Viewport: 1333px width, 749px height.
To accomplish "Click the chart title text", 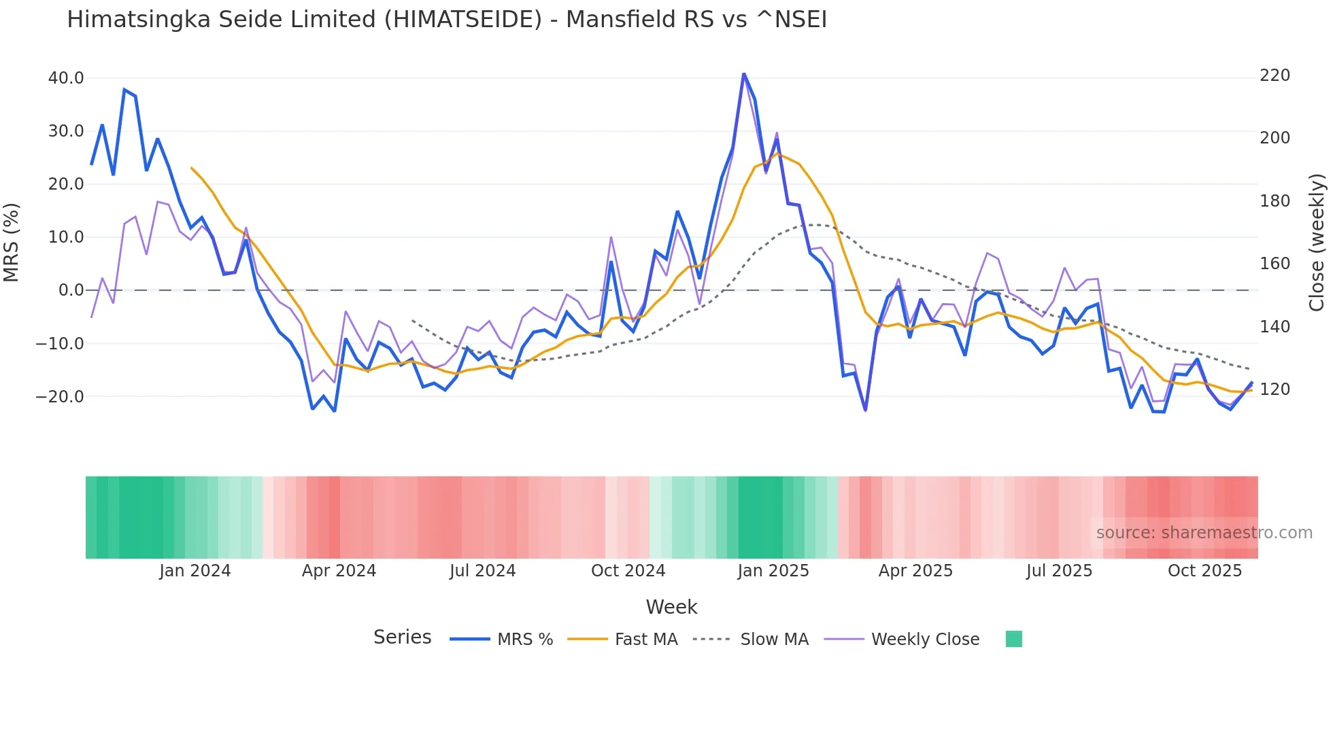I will [447, 20].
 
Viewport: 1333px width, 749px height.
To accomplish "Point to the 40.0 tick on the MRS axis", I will [66, 78].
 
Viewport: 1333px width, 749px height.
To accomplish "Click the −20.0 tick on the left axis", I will [60, 396].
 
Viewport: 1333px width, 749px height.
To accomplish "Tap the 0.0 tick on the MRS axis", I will [71, 290].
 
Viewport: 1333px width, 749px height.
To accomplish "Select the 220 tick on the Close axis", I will [1275, 75].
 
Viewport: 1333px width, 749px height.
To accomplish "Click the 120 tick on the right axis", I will [1275, 389].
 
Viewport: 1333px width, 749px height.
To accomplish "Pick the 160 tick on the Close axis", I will [1275, 264].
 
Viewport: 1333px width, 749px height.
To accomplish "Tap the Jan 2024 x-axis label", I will [195, 571].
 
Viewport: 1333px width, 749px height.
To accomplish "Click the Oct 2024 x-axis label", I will [628, 571].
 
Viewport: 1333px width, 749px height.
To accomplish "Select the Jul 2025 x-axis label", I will [1059, 571].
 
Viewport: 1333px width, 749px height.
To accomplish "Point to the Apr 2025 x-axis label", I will [915, 571].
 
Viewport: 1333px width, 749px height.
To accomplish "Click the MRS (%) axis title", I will [12, 242].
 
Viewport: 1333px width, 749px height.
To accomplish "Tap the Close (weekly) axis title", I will [1317, 243].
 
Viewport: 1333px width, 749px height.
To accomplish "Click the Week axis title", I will [671, 607].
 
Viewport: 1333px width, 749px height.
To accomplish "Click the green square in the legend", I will [1013, 639].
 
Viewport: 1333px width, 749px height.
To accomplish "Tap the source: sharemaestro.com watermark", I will [1204, 533].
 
